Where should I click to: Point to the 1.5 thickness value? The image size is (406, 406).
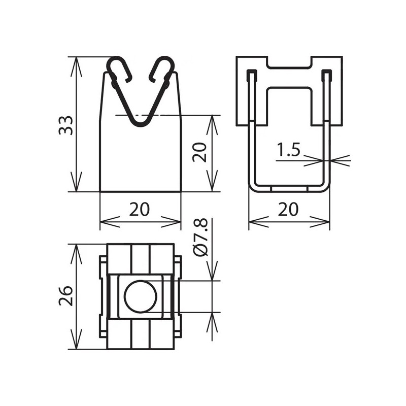[289, 150]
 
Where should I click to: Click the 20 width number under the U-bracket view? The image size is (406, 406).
[288, 209]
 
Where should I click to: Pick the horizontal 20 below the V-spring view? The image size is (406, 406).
[140, 209]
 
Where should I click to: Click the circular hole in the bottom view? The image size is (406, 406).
[141, 296]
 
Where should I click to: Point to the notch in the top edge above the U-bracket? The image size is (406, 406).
[289, 62]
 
